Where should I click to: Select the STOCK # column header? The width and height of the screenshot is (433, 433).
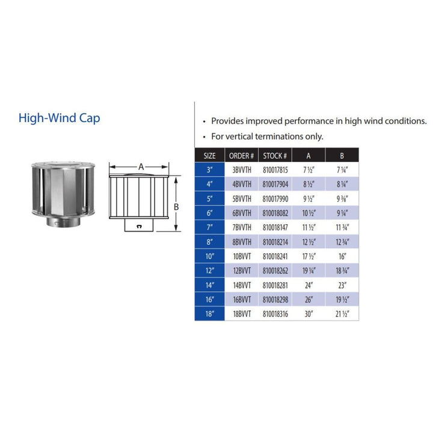pyautogui.click(x=276, y=155)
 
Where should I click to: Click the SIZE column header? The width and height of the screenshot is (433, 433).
pyautogui.click(x=209, y=155)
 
